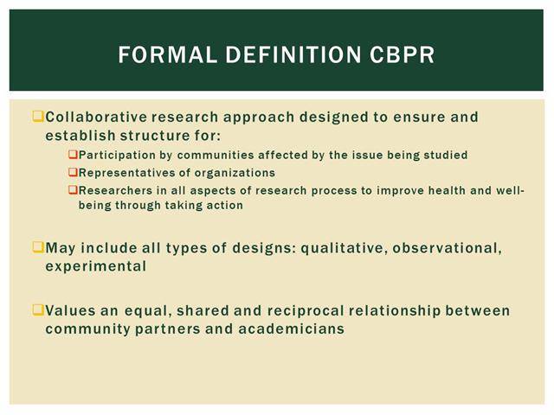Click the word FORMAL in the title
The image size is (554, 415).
[167, 54]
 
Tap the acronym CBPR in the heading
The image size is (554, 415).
[403, 54]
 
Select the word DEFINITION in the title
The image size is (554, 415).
[293, 54]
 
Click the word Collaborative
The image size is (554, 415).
[96, 117]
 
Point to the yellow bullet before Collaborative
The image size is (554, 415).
[38, 116]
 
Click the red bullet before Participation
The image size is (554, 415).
[73, 154]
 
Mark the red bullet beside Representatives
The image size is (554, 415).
[73, 172]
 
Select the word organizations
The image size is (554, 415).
[235, 173]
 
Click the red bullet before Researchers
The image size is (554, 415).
[73, 189]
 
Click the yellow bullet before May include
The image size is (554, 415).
[38, 246]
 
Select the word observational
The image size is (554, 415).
[447, 248]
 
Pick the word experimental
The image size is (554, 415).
[96, 266]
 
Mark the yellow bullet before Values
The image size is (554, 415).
[38, 310]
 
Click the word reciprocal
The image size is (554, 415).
[306, 311]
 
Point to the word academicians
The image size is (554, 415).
[291, 329]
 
